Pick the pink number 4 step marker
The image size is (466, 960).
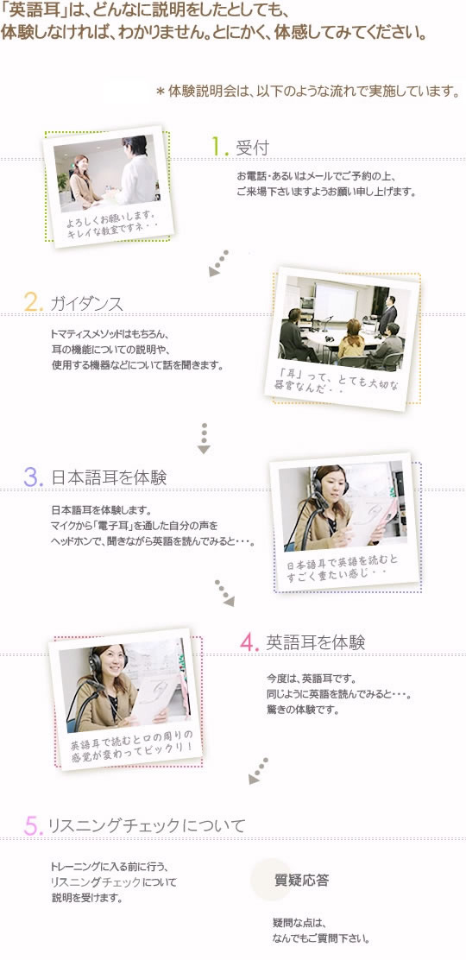click(x=248, y=641)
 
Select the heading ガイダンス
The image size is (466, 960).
click(x=87, y=303)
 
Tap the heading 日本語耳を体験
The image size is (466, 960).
click(x=109, y=477)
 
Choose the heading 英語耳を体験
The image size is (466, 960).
click(x=315, y=642)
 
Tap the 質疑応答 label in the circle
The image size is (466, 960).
click(x=301, y=881)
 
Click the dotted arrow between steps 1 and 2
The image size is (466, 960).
click(x=218, y=262)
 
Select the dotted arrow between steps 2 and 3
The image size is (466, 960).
click(x=204, y=439)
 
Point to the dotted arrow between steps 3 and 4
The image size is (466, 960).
click(x=224, y=593)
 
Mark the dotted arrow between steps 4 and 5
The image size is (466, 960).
click(x=258, y=771)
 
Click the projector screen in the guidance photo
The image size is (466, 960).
click(x=335, y=302)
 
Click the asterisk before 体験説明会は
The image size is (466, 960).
click(x=161, y=92)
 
